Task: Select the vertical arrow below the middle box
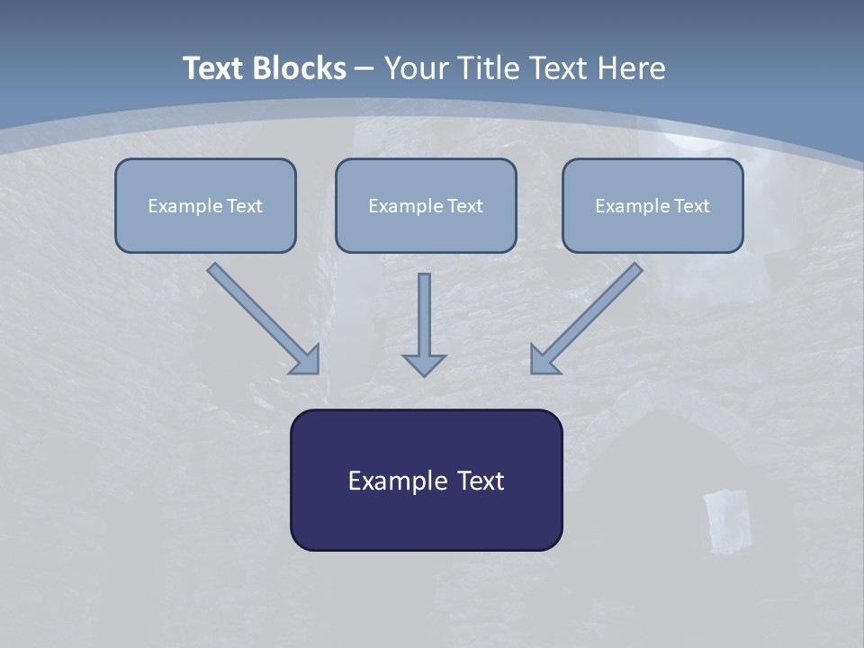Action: [424, 315]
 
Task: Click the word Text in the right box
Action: [691, 206]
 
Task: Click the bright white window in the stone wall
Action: [726, 520]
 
